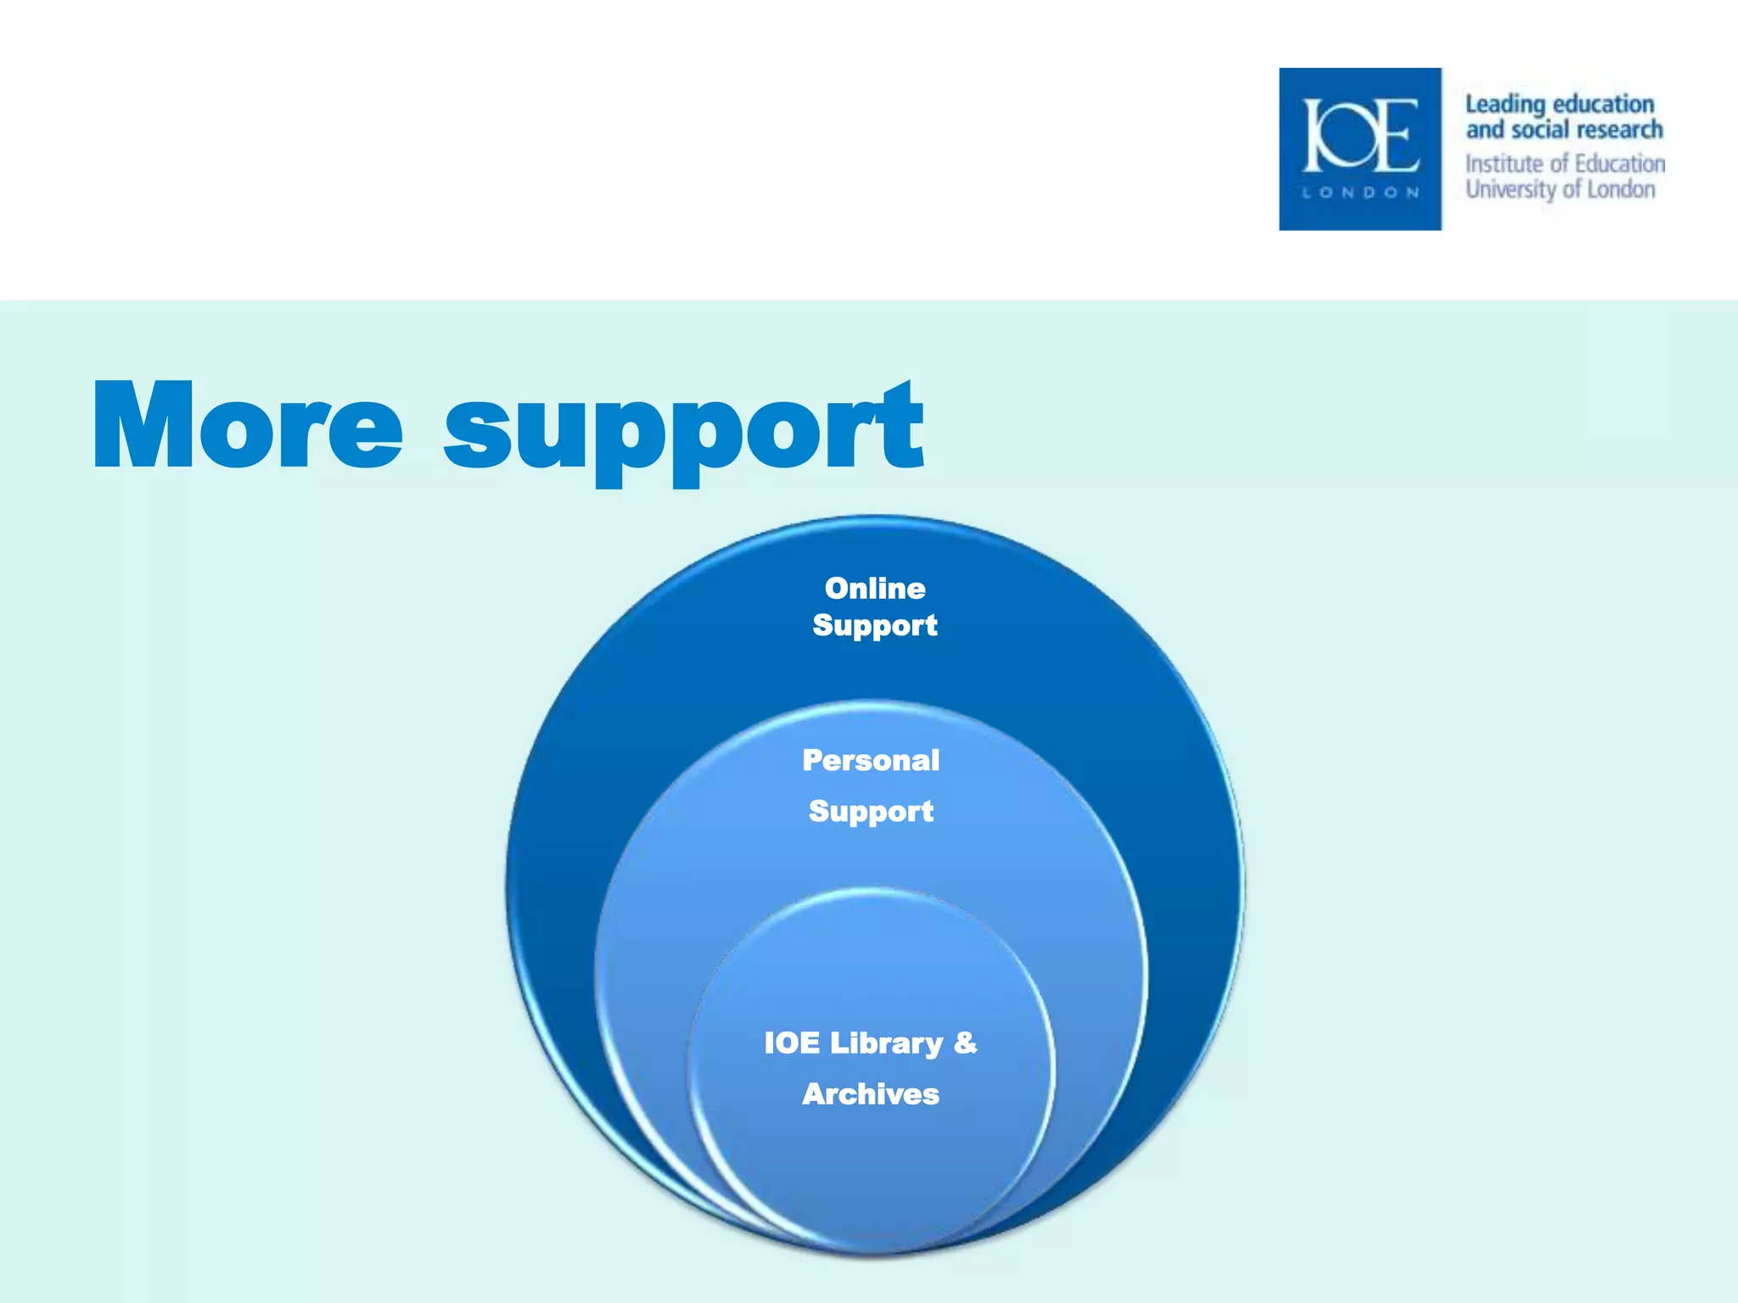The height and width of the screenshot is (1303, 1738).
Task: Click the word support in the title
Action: coord(683,433)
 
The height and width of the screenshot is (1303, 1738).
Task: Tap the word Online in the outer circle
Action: coord(875,588)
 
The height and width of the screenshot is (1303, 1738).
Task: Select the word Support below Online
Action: coord(875,626)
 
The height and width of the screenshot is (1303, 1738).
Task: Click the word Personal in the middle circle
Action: coord(871,760)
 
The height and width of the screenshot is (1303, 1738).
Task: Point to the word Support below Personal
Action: coord(871,812)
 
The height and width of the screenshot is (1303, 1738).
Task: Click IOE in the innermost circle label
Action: coord(792,1043)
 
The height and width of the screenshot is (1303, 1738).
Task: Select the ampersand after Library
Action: coord(966,1042)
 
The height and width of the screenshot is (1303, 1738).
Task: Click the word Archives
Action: coord(871,1094)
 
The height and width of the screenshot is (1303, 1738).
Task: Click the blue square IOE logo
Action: coord(1360,149)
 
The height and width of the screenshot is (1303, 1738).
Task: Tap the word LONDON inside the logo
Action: coord(1360,193)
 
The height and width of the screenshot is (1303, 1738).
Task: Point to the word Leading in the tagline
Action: coord(1505,105)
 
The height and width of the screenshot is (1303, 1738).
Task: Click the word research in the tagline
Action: coord(1619,130)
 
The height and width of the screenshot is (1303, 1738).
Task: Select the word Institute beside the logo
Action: coord(1504,164)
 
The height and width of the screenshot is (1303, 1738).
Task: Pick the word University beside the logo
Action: coord(1511,189)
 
